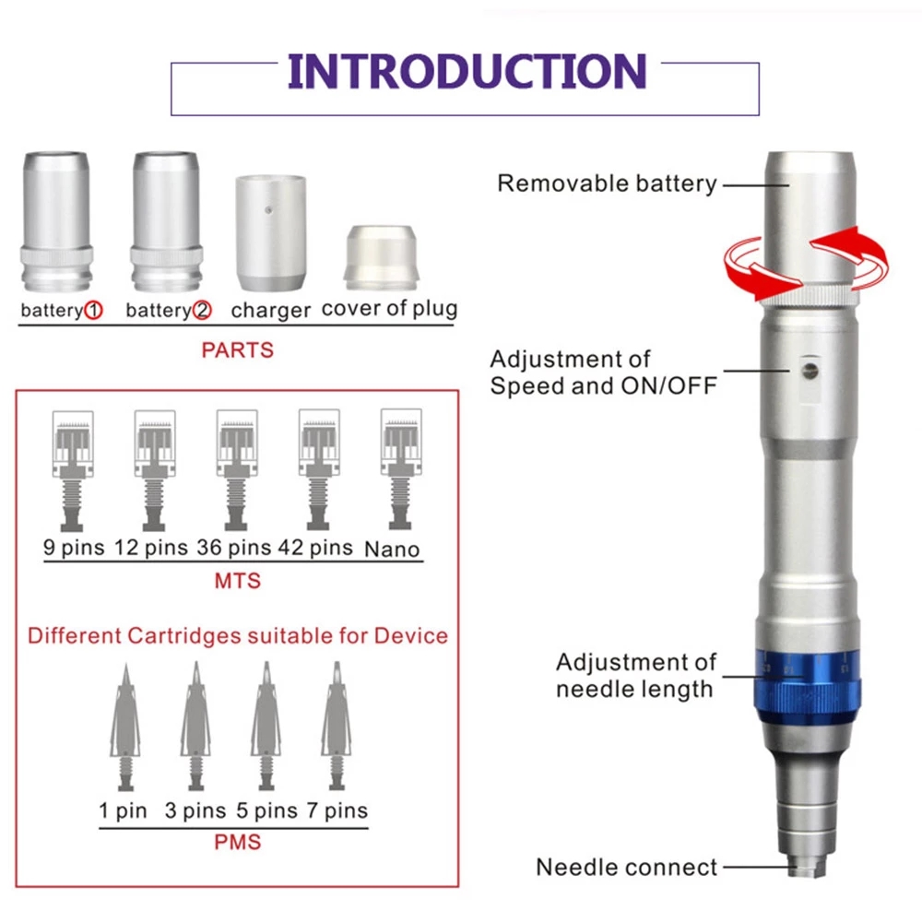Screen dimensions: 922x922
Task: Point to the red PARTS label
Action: point(237,350)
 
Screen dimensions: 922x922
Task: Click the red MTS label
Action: point(237,581)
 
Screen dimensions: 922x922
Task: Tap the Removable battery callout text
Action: point(607,183)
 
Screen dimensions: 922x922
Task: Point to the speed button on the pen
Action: point(809,371)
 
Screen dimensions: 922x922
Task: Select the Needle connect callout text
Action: point(626,867)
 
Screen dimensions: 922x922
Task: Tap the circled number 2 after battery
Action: point(201,311)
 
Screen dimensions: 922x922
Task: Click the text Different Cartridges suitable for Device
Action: point(237,635)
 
